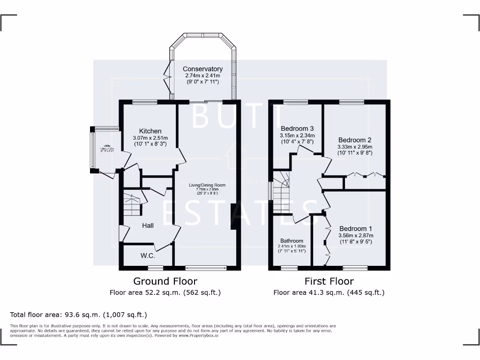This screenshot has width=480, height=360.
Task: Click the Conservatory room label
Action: point(202,69)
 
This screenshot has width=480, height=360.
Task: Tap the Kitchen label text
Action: point(150,131)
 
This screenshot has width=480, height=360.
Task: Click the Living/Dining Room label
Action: point(207,185)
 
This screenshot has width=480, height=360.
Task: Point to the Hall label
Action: point(148,225)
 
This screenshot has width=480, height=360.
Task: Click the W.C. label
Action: point(148,256)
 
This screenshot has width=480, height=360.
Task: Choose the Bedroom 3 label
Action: point(297,128)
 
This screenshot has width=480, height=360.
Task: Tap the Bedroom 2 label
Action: point(355,140)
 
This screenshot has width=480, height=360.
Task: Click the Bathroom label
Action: point(292,241)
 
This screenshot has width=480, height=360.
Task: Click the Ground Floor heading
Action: point(165,281)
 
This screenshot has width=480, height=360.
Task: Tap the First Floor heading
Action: point(329,281)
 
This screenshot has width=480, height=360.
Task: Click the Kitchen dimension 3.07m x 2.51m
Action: point(150,138)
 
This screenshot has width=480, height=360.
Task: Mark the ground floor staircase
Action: point(132,204)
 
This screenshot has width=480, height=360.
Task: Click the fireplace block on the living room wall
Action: point(234,217)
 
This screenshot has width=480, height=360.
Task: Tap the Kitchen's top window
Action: point(141,102)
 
